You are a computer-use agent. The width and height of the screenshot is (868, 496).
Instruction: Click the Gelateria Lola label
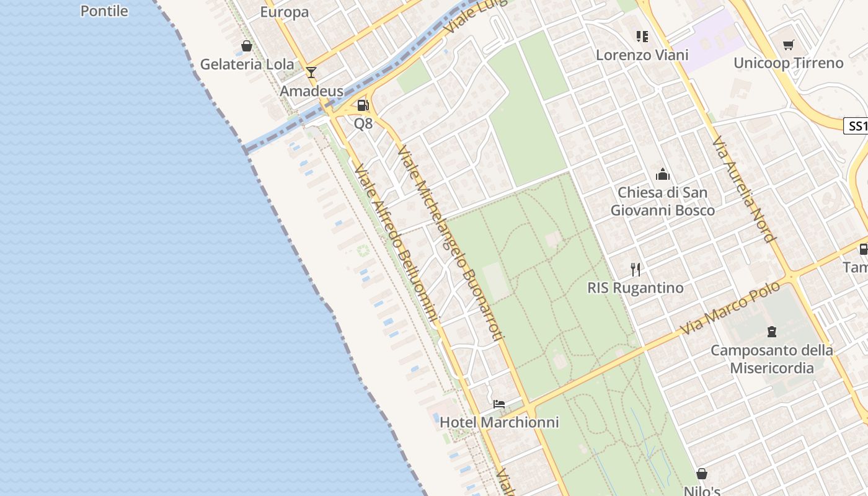click(x=247, y=64)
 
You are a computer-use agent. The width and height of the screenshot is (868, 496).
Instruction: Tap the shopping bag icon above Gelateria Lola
click(x=247, y=46)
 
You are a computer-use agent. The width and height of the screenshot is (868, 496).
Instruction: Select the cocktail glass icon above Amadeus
click(x=311, y=73)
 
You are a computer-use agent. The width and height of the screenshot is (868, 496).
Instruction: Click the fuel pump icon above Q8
click(x=363, y=105)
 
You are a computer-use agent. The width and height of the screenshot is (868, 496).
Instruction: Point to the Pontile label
click(x=104, y=11)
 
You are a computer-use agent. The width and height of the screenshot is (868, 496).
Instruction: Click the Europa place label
click(x=284, y=12)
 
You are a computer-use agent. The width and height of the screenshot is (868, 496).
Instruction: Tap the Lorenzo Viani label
click(x=642, y=55)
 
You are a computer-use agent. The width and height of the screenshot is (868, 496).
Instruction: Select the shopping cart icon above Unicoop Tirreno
click(x=788, y=45)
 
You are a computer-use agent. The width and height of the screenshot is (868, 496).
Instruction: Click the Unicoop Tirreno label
click(x=788, y=63)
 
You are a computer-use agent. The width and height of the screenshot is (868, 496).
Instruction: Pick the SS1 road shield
click(x=857, y=126)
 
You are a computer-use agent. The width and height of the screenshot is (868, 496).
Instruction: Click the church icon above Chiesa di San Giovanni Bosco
click(x=663, y=174)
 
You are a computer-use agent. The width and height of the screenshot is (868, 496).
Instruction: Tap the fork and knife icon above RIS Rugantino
click(x=635, y=269)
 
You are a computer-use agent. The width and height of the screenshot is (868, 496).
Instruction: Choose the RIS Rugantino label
click(x=635, y=288)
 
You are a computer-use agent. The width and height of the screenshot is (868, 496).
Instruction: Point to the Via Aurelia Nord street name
click(x=743, y=189)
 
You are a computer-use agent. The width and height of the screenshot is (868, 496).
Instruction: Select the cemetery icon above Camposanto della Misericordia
click(x=772, y=332)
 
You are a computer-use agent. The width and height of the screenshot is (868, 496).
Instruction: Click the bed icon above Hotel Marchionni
click(x=499, y=404)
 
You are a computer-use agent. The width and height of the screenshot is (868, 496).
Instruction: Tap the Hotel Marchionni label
click(x=499, y=422)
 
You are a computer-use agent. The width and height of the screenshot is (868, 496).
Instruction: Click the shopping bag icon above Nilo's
click(x=702, y=474)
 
